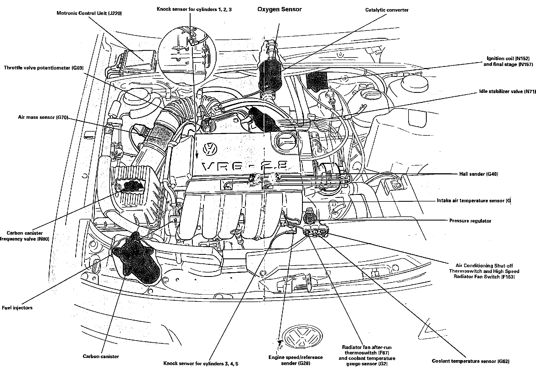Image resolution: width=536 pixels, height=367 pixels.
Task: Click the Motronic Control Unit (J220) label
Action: pos(89,13)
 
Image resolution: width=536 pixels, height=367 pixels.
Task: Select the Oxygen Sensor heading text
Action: pos(279,9)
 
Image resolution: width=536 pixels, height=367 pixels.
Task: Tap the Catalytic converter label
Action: pos(387,10)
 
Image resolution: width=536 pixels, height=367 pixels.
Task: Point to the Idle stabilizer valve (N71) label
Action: pos(508,91)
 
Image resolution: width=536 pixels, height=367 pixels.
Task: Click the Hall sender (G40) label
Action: pos(478,174)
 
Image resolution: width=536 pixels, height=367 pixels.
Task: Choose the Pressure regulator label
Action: pos(470,221)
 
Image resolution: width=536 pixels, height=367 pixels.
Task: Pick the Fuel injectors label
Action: pos(17,308)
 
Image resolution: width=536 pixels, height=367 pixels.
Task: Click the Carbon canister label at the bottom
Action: pos(101,356)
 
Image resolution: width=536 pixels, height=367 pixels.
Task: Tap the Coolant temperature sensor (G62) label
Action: pos(470,361)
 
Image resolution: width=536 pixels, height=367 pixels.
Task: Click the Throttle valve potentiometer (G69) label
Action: pos(43,68)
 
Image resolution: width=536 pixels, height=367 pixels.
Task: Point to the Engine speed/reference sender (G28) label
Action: pos(295,360)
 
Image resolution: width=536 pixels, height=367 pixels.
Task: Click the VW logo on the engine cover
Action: pos(210,149)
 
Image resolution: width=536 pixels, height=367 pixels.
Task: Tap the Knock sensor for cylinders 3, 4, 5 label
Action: pos(201,363)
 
